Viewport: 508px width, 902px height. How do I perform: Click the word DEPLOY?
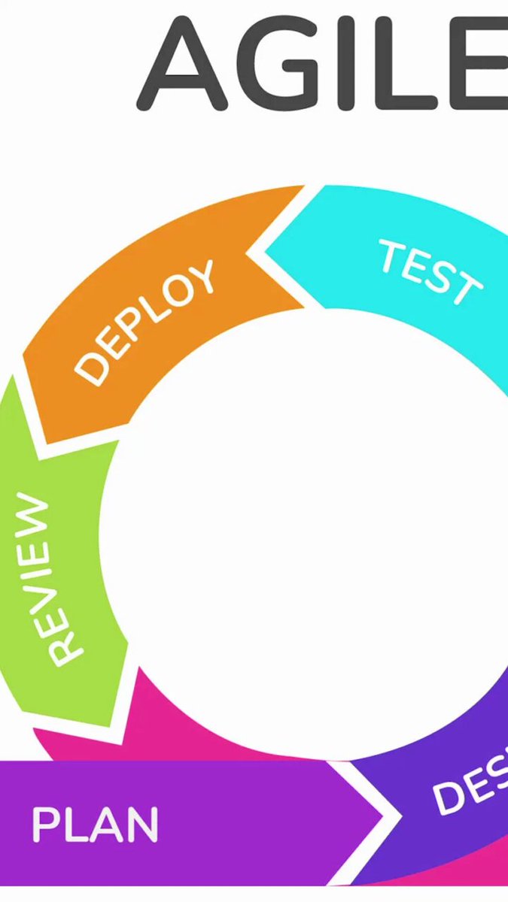click(x=145, y=322)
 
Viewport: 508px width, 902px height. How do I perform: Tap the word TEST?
click(x=429, y=273)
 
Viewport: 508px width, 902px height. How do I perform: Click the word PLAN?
click(x=95, y=825)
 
